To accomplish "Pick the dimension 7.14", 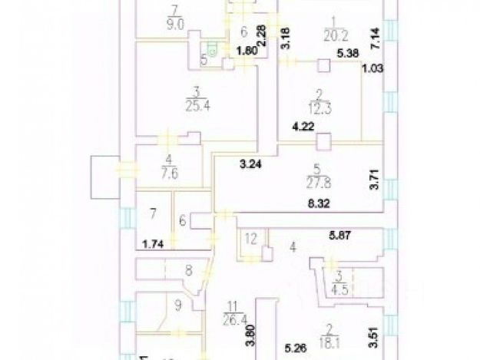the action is (x=373, y=36).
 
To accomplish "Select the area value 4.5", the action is (x=339, y=289).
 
